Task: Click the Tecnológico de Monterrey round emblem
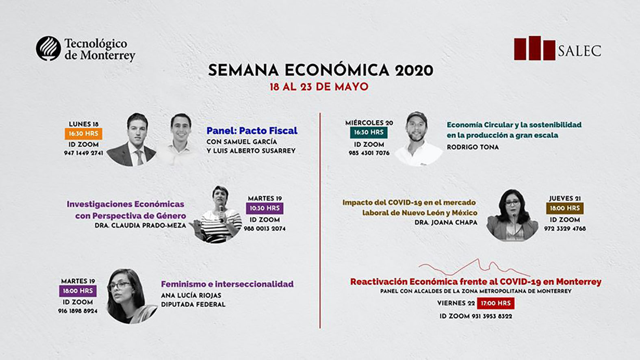[x=48, y=48]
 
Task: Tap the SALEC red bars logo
[x=534, y=49]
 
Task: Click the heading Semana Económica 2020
[x=320, y=70]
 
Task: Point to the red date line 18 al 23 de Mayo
[x=319, y=87]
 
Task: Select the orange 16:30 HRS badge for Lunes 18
[x=83, y=134]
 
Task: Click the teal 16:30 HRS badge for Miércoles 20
[x=369, y=132]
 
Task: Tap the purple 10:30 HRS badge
[x=265, y=208]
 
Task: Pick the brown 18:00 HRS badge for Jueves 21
[x=564, y=208]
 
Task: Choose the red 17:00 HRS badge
[x=495, y=303]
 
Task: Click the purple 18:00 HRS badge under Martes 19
[x=78, y=291]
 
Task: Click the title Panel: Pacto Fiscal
[x=252, y=131]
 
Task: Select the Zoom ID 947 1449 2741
[x=83, y=153]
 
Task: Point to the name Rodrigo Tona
[x=473, y=147]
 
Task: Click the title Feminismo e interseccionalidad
[x=227, y=284]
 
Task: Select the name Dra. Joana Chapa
[x=446, y=223]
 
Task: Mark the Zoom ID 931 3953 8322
[x=475, y=316]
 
